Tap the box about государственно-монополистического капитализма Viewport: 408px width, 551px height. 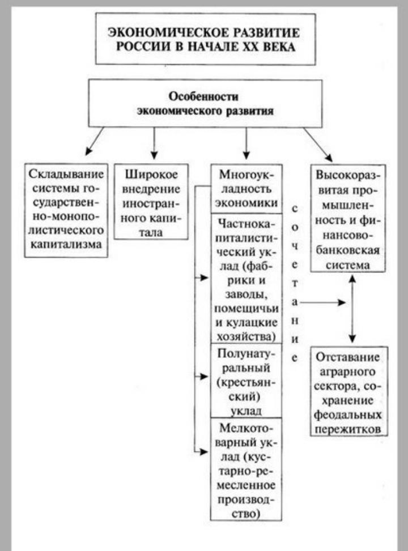[67, 209]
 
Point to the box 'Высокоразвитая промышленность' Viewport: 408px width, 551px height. [348, 218]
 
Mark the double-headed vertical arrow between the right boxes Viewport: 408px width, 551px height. [352, 309]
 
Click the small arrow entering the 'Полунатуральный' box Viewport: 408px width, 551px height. [202, 375]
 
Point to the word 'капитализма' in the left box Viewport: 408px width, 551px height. [67, 245]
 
